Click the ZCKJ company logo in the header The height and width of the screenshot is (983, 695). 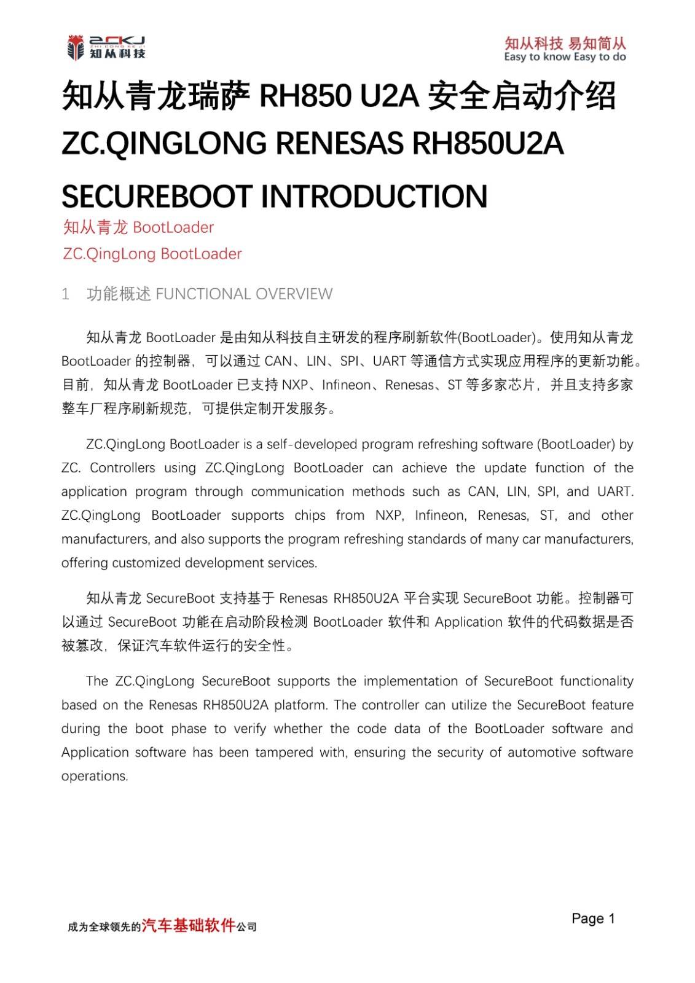pos(106,47)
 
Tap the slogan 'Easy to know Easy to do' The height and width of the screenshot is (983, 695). pos(565,57)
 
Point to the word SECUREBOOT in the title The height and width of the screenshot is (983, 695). pos(157,197)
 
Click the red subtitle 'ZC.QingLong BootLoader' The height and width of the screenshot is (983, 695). pos(152,254)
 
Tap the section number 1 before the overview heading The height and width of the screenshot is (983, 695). pos(65,294)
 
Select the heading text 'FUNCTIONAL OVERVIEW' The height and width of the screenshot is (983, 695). pos(244,294)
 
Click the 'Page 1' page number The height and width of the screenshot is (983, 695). pos(592,918)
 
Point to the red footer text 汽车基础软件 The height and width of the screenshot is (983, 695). pos(189,925)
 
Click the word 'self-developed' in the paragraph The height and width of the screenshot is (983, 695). pos(303,444)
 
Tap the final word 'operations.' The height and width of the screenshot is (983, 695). pos(95,777)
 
